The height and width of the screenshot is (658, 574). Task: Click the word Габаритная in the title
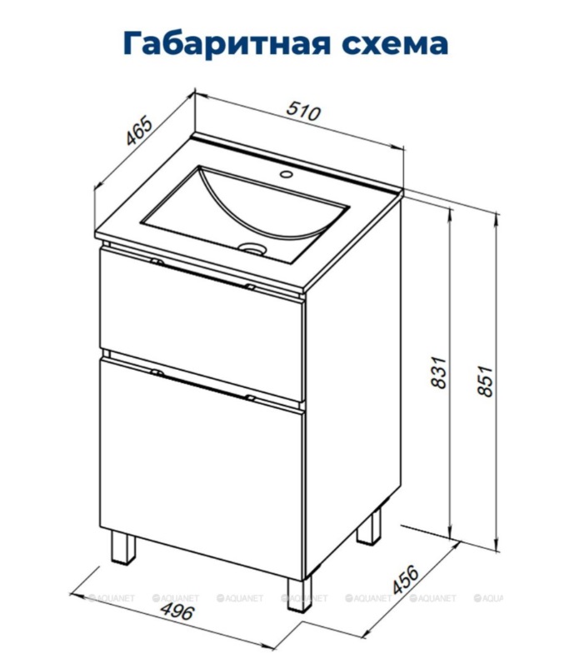[227, 43]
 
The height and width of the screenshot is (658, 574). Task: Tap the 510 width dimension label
[303, 112]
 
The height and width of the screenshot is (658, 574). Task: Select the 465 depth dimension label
[139, 131]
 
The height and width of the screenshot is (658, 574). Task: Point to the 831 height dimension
[439, 372]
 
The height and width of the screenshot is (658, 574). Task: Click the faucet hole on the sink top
[287, 173]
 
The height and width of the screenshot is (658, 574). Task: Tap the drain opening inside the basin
[252, 248]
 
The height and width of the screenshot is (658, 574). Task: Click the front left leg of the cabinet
[124, 547]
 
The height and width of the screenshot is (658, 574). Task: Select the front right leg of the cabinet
[300, 595]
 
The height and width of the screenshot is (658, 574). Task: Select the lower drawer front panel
[201, 466]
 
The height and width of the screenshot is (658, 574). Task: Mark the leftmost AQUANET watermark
[111, 598]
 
